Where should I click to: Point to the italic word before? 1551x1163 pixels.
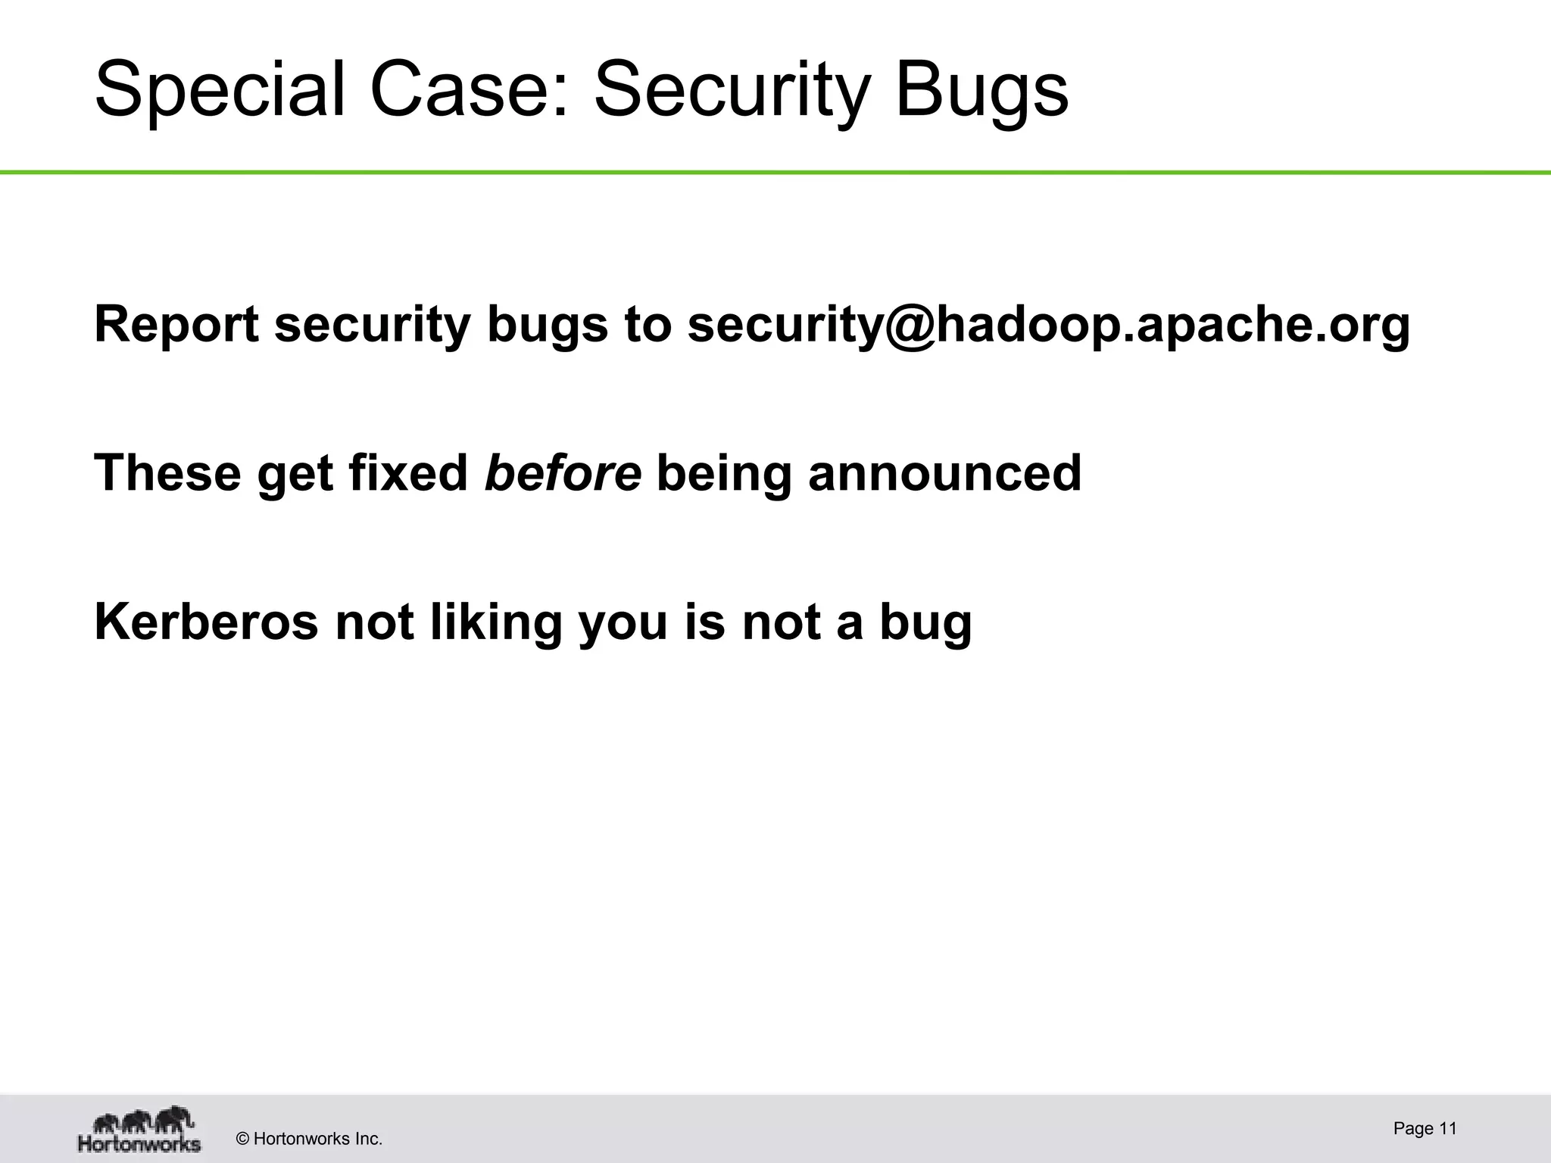coord(563,472)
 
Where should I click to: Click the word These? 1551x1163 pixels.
coord(167,472)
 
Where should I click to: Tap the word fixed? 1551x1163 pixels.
coord(408,472)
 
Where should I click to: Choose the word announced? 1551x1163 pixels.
coord(944,472)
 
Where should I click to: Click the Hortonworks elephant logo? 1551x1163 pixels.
coord(140,1129)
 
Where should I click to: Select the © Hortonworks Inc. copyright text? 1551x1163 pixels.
coord(310,1139)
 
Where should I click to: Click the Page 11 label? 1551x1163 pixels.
coord(1425,1129)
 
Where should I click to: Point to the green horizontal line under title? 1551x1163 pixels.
coord(775,173)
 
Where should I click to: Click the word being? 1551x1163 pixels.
coord(724,472)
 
